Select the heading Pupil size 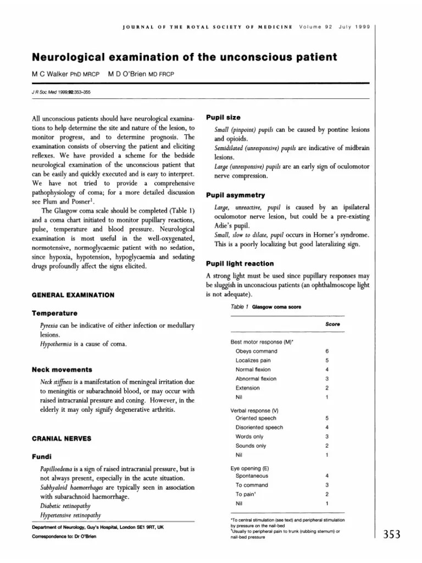click(223, 118)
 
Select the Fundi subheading click(43, 456)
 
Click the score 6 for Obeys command click(327, 351)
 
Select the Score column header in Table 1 click(332, 324)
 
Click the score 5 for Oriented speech click(327, 418)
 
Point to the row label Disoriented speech click(259, 427)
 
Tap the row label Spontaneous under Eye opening click(252, 476)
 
